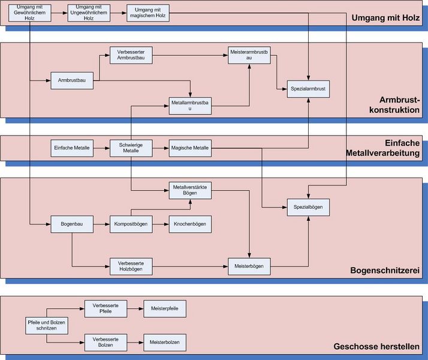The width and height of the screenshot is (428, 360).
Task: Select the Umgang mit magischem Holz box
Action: tap(149, 14)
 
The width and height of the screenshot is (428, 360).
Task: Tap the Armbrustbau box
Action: tap(71, 80)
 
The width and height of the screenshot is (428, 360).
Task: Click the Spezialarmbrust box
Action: tap(309, 89)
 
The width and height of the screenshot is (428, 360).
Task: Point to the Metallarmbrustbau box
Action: tap(190, 105)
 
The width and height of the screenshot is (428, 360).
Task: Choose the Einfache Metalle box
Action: tap(71, 148)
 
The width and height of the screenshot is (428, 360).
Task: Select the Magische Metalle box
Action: tap(190, 148)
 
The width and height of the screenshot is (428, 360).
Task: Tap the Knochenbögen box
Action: tap(190, 224)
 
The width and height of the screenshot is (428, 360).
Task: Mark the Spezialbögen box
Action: tap(309, 207)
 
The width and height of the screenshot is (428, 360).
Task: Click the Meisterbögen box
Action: tap(249, 265)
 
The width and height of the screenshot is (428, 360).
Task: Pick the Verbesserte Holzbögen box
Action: tap(131, 265)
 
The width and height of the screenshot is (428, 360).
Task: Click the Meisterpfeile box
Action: tap(164, 308)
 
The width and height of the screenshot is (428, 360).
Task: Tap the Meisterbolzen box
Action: tap(164, 342)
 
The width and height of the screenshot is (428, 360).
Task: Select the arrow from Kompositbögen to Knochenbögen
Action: tap(160, 224)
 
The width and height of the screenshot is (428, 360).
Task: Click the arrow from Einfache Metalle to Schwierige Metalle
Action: tap(101, 148)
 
